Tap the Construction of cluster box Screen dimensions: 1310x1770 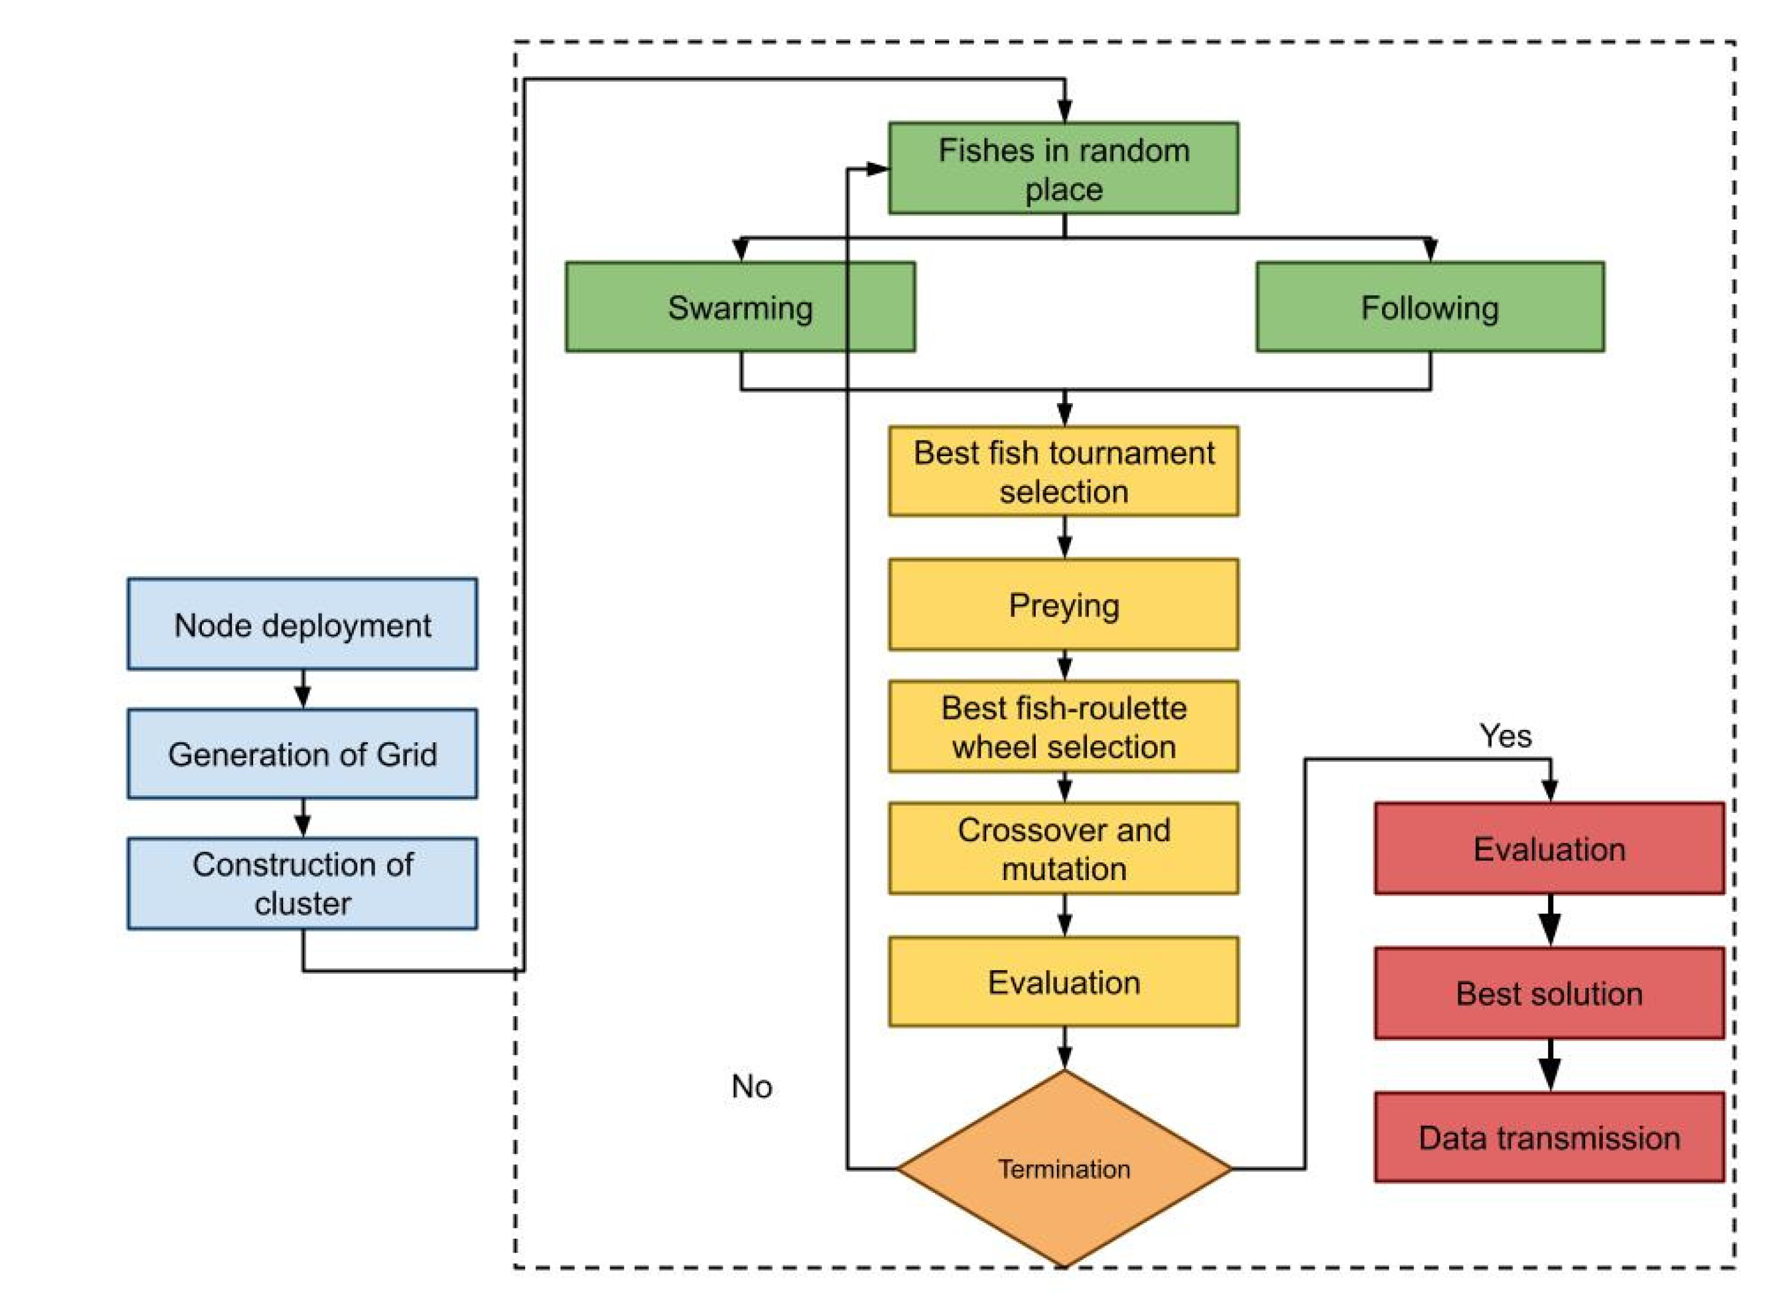point(302,883)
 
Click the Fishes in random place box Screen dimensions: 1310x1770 point(1064,168)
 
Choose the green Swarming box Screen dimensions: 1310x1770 point(740,307)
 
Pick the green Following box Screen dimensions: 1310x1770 point(1430,307)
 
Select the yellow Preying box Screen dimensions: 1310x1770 point(1064,604)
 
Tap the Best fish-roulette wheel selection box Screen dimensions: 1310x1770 point(1064,726)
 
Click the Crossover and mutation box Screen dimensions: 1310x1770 point(1064,848)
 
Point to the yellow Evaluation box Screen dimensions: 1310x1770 point(1064,982)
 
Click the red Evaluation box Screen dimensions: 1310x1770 point(1549,848)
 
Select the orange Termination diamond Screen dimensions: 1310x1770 point(1064,1168)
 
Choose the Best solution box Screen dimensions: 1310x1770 point(1549,993)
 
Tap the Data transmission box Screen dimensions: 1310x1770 point(1549,1137)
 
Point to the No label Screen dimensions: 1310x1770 point(751,1086)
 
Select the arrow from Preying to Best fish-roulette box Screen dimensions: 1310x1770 point(1064,665)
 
